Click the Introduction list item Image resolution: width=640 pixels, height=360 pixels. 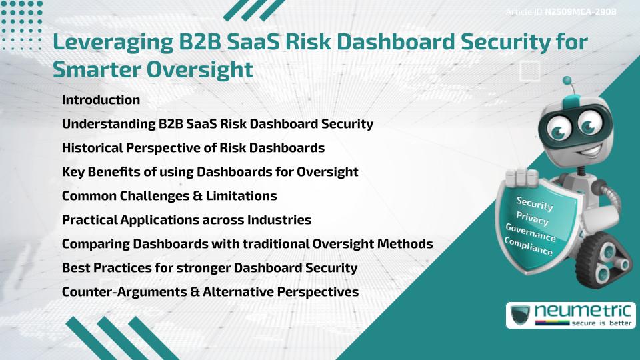pos(101,99)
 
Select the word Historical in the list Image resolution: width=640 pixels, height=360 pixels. pos(92,147)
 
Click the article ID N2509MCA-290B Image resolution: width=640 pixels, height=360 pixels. pos(581,12)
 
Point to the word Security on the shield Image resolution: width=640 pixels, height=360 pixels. pos(535,203)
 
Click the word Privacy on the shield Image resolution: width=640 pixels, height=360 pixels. pos(532,218)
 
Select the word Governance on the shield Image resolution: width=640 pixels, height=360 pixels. pos(531,233)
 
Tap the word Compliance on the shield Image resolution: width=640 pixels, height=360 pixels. pos(528,247)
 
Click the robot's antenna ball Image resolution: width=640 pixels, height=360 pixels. pos(567,81)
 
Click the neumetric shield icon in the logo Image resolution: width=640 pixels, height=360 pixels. pos(520,315)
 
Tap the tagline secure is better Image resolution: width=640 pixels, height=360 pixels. pos(601,323)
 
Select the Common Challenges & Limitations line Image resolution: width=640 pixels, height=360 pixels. pos(169,195)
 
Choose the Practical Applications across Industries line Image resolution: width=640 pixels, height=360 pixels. pos(187,219)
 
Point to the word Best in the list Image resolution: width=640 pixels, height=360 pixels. pos(76,267)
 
